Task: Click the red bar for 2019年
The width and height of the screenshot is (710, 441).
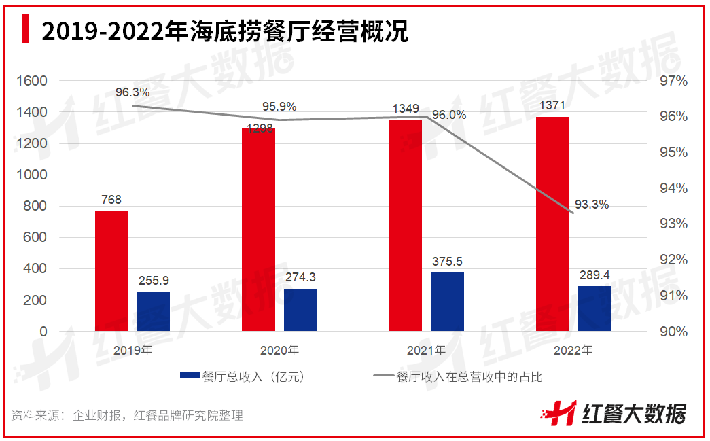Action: pyautogui.click(x=111, y=271)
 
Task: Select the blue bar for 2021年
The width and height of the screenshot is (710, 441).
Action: pyautogui.click(x=447, y=302)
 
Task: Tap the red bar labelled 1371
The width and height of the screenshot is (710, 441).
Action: pyautogui.click(x=552, y=224)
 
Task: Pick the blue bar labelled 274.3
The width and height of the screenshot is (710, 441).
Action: pyautogui.click(x=300, y=310)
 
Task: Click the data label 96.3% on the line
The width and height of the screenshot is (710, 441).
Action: pyautogui.click(x=132, y=92)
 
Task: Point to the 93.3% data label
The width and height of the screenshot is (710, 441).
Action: pyautogui.click(x=591, y=205)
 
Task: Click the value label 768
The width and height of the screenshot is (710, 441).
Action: pyautogui.click(x=111, y=200)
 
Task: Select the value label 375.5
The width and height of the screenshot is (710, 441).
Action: pyautogui.click(x=447, y=261)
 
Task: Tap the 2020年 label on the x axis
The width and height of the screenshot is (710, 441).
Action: pyautogui.click(x=279, y=351)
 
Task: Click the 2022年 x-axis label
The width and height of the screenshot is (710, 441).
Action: pyautogui.click(x=573, y=351)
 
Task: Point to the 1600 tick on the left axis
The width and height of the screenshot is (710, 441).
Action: pyautogui.click(x=33, y=81)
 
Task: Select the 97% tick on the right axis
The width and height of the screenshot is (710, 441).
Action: pyautogui.click(x=673, y=81)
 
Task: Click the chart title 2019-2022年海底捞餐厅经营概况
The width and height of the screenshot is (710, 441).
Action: pyautogui.click(x=224, y=31)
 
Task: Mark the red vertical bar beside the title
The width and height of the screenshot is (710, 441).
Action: pyautogui.click(x=26, y=30)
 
